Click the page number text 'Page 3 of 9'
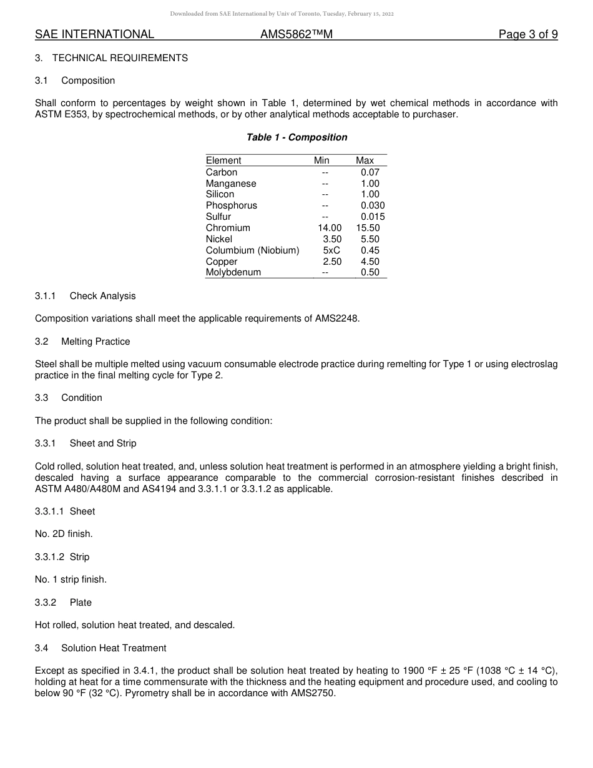click(527, 34)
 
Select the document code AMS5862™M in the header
click(296, 34)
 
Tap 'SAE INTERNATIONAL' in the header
click(94, 34)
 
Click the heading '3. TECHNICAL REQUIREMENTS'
click(111, 58)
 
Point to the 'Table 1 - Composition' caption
click(296, 137)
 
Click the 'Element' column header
click(223, 160)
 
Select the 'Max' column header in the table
click(365, 160)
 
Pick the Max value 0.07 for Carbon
click(370, 172)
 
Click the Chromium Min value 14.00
click(330, 228)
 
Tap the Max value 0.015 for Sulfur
click(373, 217)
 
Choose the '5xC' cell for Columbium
click(331, 250)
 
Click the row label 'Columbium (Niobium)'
click(252, 250)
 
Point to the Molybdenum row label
click(233, 272)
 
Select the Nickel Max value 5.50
click(370, 239)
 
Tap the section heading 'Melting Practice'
click(96, 342)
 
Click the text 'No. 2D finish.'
click(64, 534)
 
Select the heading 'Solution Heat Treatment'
click(114, 648)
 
